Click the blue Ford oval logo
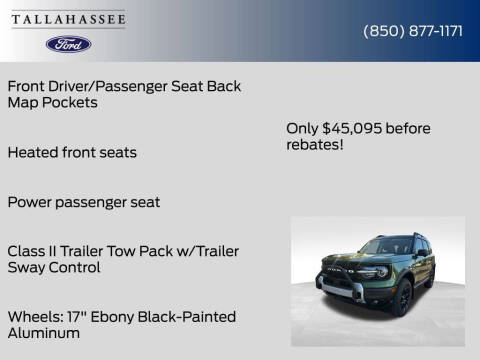point(68,44)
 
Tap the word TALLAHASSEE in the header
point(68,17)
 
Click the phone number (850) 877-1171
point(412,31)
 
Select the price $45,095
point(354,127)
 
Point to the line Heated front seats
point(71,153)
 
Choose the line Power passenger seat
point(83,202)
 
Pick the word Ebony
point(113,316)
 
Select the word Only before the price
point(302,127)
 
